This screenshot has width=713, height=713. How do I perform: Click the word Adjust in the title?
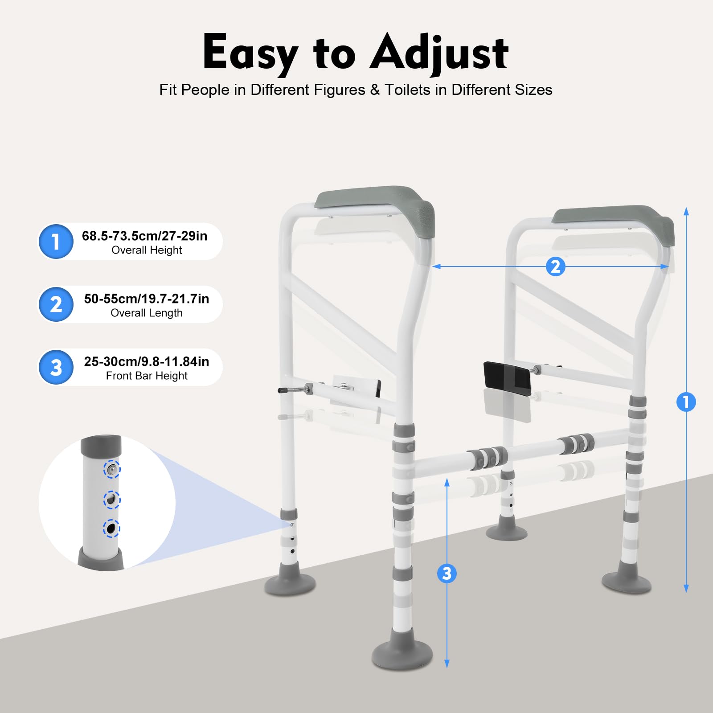tap(439, 53)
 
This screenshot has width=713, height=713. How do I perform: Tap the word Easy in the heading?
tap(250, 53)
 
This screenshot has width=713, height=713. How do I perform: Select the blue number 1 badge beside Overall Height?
tap(56, 242)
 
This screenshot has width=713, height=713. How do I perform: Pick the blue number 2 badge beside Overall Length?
tap(56, 304)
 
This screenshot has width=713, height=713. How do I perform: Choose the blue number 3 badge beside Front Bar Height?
tap(56, 367)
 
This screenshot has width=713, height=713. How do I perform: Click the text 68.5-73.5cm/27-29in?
tap(144, 236)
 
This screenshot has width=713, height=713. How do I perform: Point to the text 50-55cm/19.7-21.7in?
tap(147, 299)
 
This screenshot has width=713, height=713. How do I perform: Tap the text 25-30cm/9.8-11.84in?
tap(147, 361)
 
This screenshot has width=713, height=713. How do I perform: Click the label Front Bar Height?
tap(147, 376)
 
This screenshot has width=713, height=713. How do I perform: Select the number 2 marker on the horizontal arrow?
tap(555, 266)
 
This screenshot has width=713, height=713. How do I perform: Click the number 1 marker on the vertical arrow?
tap(686, 402)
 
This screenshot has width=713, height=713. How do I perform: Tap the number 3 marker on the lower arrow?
tap(447, 573)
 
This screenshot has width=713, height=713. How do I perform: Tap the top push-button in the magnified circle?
tap(112, 469)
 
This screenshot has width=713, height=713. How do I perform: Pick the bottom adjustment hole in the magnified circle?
tap(111, 529)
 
